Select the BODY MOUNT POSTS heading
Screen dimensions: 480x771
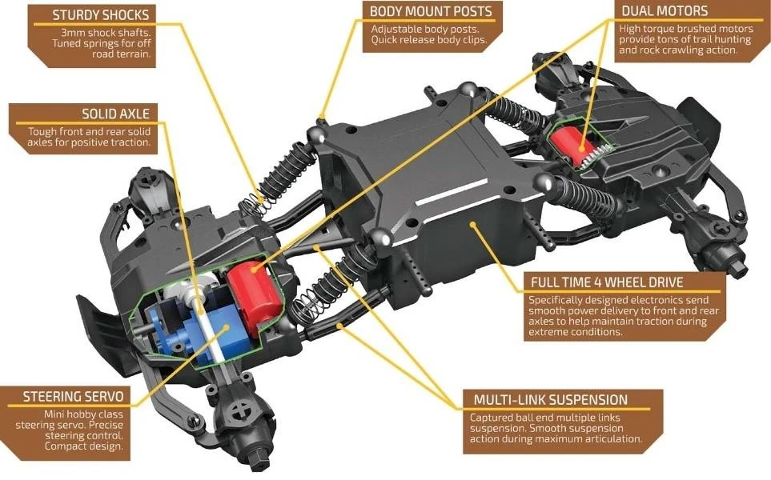431,12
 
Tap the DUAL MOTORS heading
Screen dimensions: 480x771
665,11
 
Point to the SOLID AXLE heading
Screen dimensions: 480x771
115,114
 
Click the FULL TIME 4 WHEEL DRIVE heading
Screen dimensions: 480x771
607,282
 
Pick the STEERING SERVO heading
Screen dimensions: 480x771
73,396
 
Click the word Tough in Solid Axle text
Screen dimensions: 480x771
42,131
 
